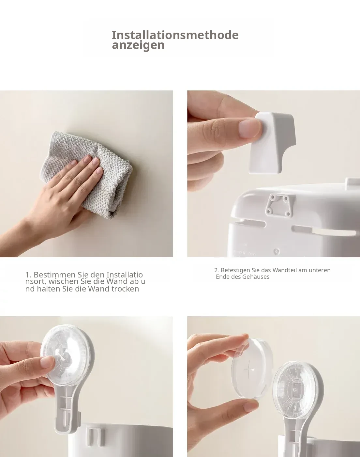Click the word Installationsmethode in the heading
(175, 35)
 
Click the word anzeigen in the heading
(138, 45)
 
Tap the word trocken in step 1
(125, 289)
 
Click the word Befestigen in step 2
(235, 270)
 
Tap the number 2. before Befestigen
(217, 270)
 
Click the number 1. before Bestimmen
(28, 275)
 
